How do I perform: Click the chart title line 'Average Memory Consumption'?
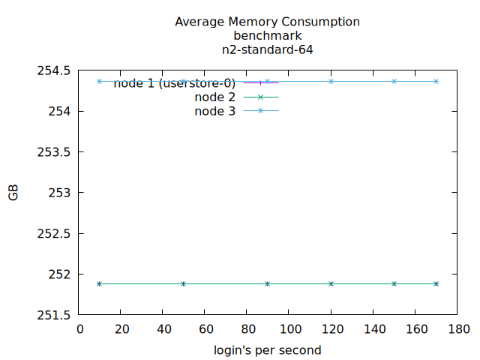coord(267,22)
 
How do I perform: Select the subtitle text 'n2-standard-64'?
coord(267,50)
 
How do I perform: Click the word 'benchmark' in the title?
coord(267,36)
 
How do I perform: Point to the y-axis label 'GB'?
coord(13,193)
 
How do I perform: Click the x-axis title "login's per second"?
coord(267,350)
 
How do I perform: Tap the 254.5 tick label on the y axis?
coord(54,71)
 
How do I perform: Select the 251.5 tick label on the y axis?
coord(54,314)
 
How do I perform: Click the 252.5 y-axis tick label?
coord(54,233)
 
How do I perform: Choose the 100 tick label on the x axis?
coord(289,328)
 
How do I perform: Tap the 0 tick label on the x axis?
coord(81,328)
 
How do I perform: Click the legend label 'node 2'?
coord(214,97)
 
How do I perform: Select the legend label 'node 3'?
coord(214,111)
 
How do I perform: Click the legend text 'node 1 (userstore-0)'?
coord(175,83)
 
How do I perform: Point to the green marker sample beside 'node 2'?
coord(261,97)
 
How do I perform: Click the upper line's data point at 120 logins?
coord(331,81)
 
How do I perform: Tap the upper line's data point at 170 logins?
coord(436,81)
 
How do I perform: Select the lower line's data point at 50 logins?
coord(183,283)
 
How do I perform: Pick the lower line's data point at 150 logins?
coord(394,283)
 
